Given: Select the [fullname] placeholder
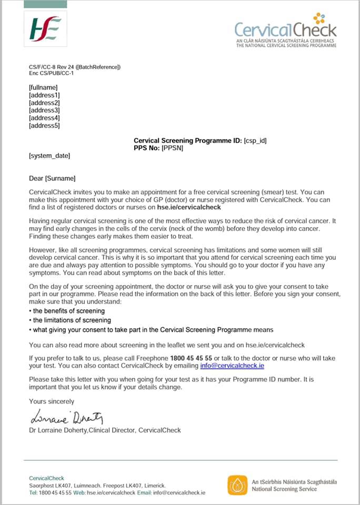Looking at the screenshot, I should coord(43,87).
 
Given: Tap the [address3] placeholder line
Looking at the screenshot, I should coord(44,110).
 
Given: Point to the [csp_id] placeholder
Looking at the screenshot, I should coord(256,141).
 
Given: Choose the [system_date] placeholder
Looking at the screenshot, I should coord(49,156).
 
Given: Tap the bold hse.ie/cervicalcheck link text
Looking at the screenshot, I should coord(184,207).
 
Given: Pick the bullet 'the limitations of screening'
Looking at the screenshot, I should coord(71,320).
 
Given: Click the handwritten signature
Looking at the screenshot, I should coord(66,418).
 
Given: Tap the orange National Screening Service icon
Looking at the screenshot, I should coord(237,485).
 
